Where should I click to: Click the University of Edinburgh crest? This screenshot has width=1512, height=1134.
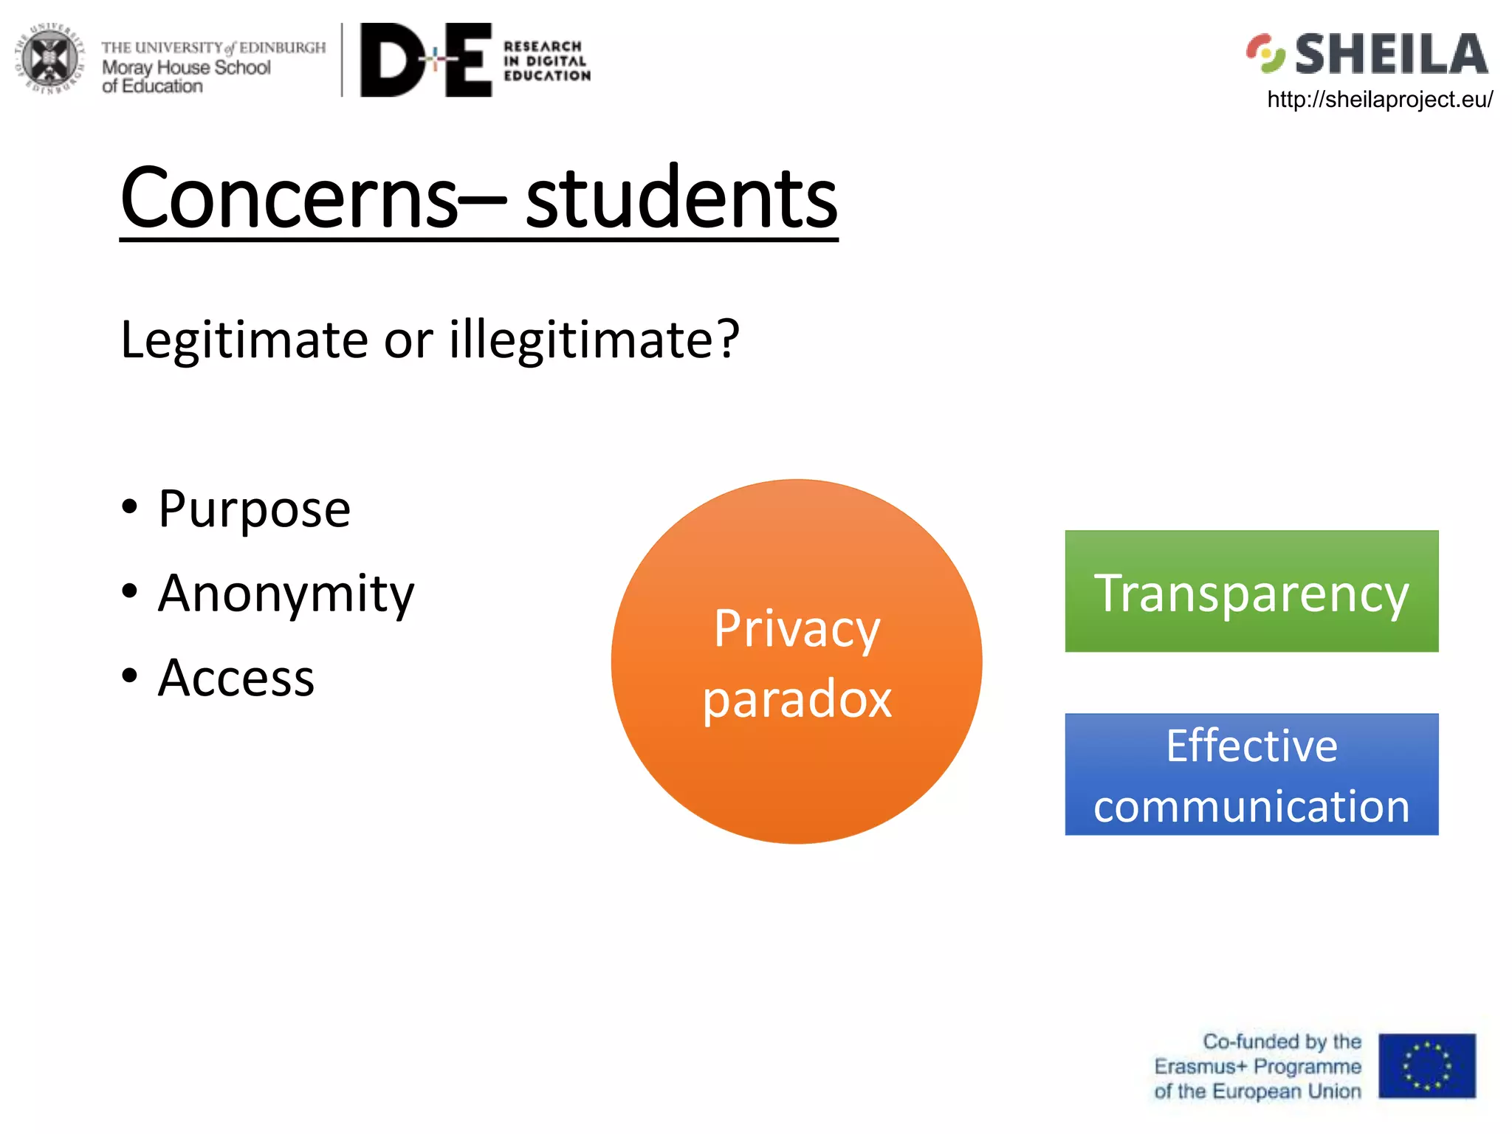(49, 59)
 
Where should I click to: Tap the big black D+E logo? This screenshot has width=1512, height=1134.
(425, 60)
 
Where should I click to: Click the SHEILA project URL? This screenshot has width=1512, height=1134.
(1379, 99)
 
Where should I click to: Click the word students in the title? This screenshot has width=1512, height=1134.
(681, 198)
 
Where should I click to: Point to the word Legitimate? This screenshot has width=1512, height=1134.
(244, 340)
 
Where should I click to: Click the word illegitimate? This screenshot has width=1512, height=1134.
(594, 340)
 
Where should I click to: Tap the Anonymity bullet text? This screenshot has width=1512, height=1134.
(286, 594)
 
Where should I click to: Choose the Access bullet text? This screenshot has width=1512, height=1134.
(236, 678)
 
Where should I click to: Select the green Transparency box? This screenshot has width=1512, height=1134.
(1251, 591)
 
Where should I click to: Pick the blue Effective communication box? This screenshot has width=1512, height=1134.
(1251, 774)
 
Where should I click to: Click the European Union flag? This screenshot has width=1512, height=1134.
(1426, 1066)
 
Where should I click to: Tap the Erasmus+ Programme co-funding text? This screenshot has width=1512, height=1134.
(1258, 1067)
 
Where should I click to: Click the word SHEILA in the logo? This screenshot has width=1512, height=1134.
(1391, 54)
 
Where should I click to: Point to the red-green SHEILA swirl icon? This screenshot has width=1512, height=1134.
(1265, 53)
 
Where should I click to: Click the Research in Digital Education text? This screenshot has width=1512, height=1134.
(546, 61)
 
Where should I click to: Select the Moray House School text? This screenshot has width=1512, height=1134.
(186, 68)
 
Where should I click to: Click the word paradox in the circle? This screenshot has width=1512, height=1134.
(797, 698)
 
